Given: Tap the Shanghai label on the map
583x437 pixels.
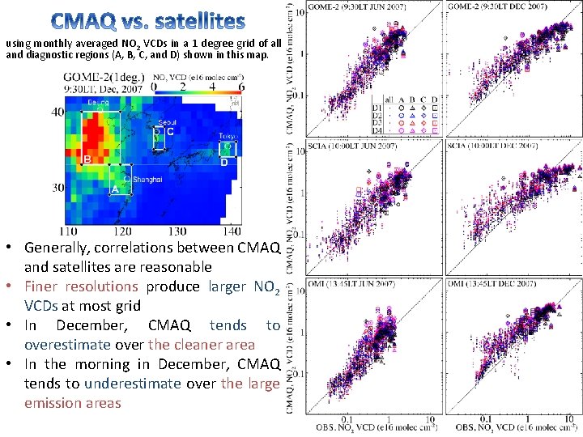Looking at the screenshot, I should coord(147,179).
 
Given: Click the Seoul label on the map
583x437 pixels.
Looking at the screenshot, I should coord(168,122).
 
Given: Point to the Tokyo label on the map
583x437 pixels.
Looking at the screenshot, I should coord(227,136).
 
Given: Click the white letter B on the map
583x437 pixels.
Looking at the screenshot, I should coord(87,159).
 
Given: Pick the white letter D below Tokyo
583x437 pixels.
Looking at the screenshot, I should coord(224,162).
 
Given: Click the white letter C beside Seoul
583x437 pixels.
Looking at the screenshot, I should coord(170,132).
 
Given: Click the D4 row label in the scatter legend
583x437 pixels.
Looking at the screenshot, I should coord(377,129).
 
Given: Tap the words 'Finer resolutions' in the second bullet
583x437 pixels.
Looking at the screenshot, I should coord(81,286).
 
